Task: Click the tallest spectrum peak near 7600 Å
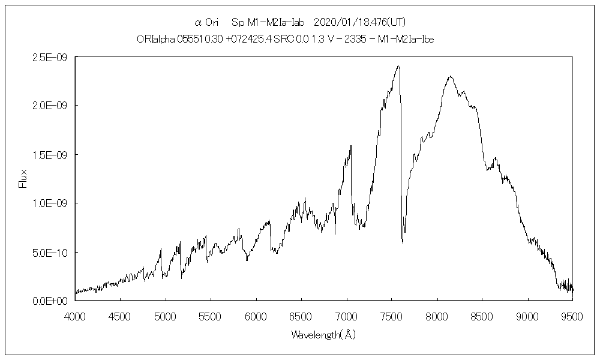coord(398,66)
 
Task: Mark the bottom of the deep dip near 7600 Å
coord(403,242)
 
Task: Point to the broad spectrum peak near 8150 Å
coord(449,77)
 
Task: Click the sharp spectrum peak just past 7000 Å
coord(351,146)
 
